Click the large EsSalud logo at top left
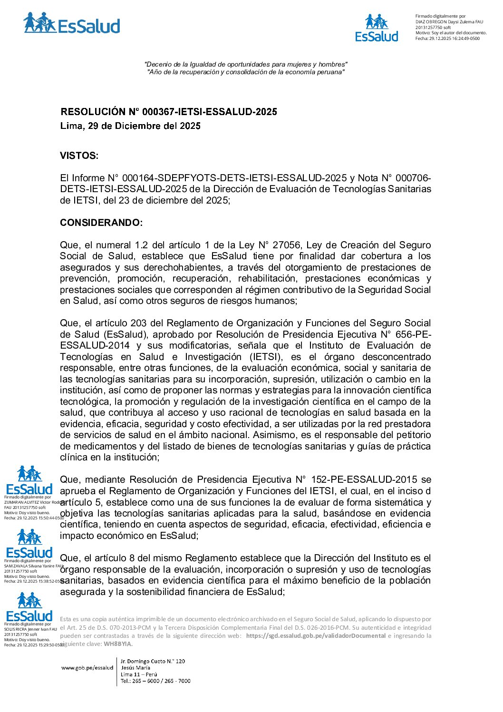pyautogui.click(x=71, y=24)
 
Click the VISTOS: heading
pyautogui.click(x=79, y=156)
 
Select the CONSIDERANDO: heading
pyautogui.click(x=101, y=223)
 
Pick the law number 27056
pyautogui.click(x=286, y=245)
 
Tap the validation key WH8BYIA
pyautogui.click(x=117, y=644)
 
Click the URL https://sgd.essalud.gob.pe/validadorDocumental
pyautogui.click(x=316, y=636)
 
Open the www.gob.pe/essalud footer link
pyautogui.click(x=87, y=668)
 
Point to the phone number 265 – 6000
pyautogui.click(x=148, y=681)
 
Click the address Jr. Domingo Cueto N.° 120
pyautogui.click(x=153, y=661)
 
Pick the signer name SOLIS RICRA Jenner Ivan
pyautogui.click(x=30, y=629)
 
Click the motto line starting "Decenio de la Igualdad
pyautogui.click(x=246, y=64)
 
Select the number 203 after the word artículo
pyautogui.click(x=138, y=323)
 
